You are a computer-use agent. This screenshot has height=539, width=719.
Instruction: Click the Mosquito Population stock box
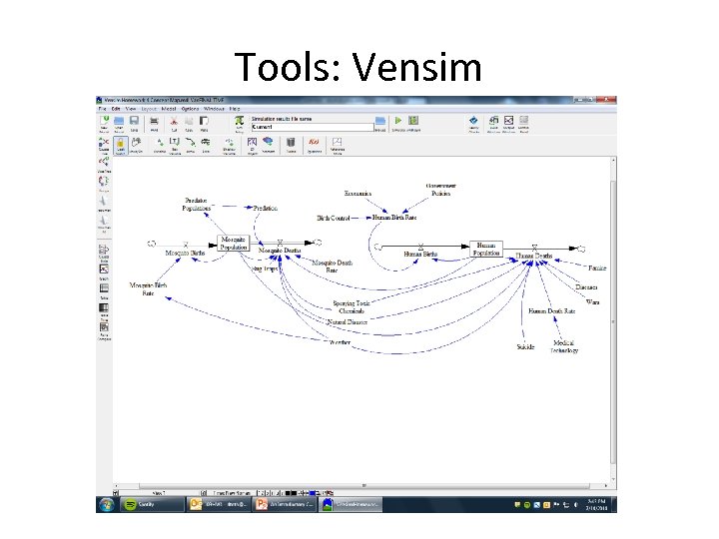[233, 244]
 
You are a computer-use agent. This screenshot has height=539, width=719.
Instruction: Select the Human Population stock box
[486, 247]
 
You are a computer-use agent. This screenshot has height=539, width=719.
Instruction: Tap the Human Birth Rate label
[395, 217]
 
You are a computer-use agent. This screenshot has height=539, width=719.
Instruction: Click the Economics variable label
[358, 193]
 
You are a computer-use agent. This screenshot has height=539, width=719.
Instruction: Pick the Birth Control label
[334, 217]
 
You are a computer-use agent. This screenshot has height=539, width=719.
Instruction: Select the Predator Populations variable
[196, 205]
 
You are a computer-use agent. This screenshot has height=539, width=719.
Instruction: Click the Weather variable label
[340, 343]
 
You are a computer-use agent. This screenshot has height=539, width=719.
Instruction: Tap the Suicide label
[525, 347]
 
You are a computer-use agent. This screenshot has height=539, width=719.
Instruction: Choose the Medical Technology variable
[565, 345]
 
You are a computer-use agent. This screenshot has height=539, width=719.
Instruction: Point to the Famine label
[597, 269]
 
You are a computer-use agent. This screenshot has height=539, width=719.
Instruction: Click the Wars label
[593, 301]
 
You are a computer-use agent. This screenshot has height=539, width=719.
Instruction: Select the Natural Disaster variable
[348, 322]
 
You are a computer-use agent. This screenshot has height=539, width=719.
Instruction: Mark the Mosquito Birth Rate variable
[148, 289]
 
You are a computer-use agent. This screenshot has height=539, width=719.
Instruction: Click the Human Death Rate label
[552, 311]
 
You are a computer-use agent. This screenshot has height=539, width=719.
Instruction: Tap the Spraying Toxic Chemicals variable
[352, 306]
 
